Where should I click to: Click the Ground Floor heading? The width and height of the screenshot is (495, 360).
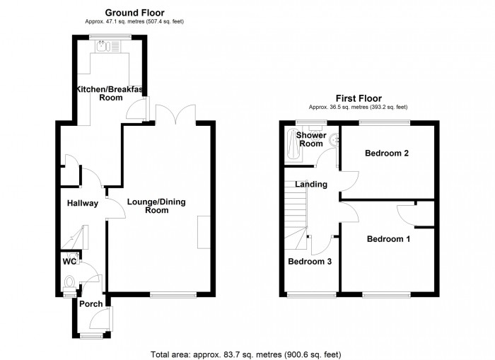coord(134,13)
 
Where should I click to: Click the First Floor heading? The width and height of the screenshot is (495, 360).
coord(359,98)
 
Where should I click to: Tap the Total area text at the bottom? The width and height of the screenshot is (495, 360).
coord(246,354)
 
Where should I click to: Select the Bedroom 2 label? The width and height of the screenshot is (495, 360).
coord(387,153)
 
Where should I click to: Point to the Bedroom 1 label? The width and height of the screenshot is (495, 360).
coord(388,239)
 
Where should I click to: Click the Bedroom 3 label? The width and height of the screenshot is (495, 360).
coord(310,262)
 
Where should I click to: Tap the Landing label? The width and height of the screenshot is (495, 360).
coord(311,184)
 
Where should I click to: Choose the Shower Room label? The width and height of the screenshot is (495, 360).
coord(311,139)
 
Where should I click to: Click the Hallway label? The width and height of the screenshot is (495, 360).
coord(83,204)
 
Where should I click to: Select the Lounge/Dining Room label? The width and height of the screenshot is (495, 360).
coord(156,206)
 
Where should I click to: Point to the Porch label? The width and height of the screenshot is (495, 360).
coord(91,304)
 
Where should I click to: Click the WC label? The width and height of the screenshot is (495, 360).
coord(69,262)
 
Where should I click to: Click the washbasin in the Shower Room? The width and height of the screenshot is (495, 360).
coord(334,139)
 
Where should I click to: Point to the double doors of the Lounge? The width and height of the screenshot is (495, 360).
coord(175,112)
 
